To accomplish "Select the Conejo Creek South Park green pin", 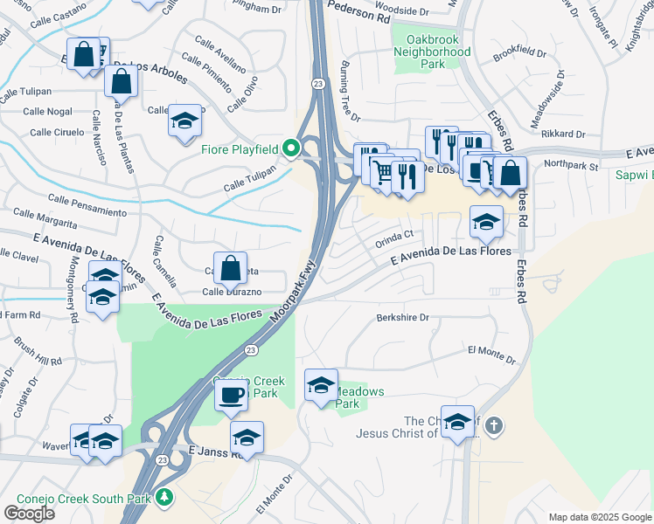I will [x=163, y=498].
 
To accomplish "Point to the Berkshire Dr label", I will [x=403, y=318].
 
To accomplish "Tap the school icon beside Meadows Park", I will [x=321, y=385].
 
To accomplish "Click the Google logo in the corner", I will [x=29, y=513].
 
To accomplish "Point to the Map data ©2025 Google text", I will [x=600, y=517].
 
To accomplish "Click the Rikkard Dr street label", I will [x=563, y=134].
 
